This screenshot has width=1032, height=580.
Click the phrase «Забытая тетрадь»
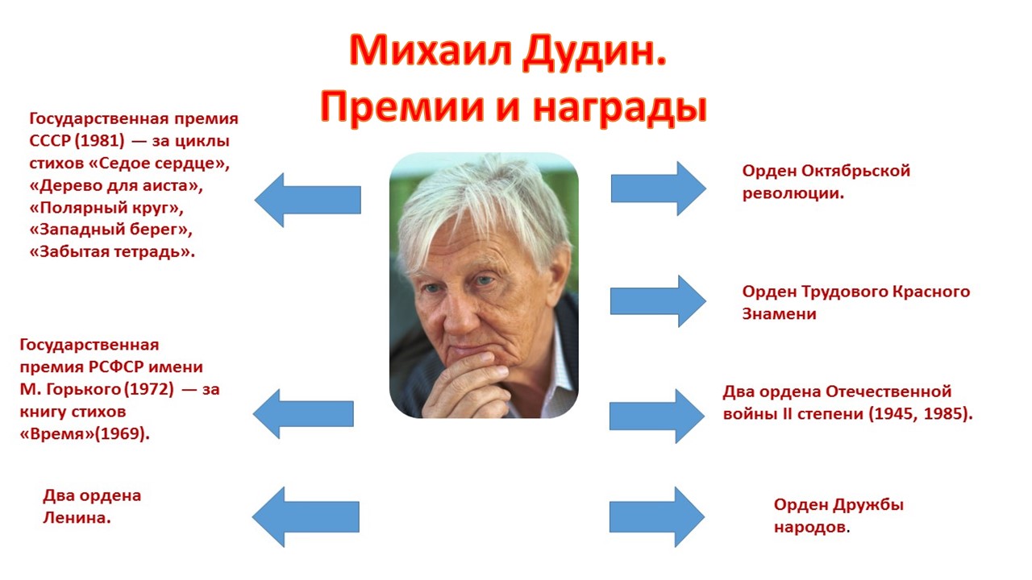pyautogui.click(x=112, y=251)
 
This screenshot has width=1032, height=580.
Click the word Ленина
pyautogui.click(x=77, y=518)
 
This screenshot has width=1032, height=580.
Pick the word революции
pyautogui.click(x=793, y=193)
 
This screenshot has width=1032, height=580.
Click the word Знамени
pyautogui.click(x=779, y=314)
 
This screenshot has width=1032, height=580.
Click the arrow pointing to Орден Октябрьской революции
pyautogui.click(x=657, y=188)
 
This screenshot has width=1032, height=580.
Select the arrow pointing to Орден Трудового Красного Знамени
pyautogui.click(x=657, y=301)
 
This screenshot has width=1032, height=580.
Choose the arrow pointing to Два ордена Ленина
pyautogui.click(x=306, y=516)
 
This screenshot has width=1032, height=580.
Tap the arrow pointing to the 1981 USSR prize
pyautogui.click(x=307, y=199)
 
